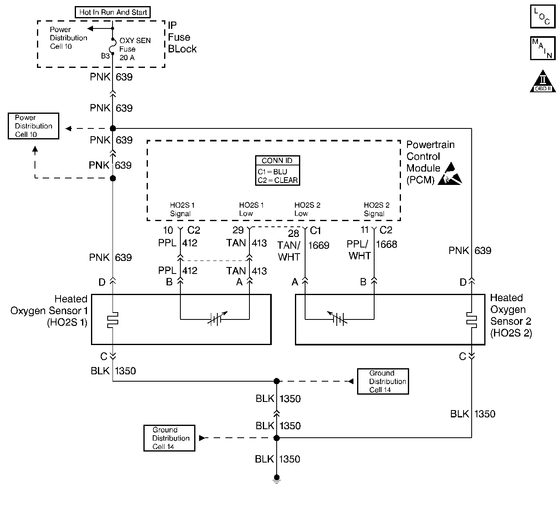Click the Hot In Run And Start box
(x=113, y=12)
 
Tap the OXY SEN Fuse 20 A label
(x=134, y=49)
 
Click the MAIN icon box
(x=542, y=48)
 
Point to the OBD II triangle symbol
(x=543, y=81)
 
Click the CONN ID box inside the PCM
(x=277, y=171)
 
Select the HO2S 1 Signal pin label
(x=182, y=209)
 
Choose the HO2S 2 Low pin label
(x=307, y=209)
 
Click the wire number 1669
(x=318, y=245)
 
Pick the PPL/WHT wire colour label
(x=360, y=250)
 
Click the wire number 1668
(x=386, y=244)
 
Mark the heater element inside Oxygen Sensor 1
(x=113, y=319)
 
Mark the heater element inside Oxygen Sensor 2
(x=471, y=319)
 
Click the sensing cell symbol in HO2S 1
(x=216, y=319)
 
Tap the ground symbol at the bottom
(x=277, y=480)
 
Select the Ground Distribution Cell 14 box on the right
(x=383, y=381)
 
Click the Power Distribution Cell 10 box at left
(x=33, y=126)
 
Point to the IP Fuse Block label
(x=182, y=37)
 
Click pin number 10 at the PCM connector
(x=168, y=230)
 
